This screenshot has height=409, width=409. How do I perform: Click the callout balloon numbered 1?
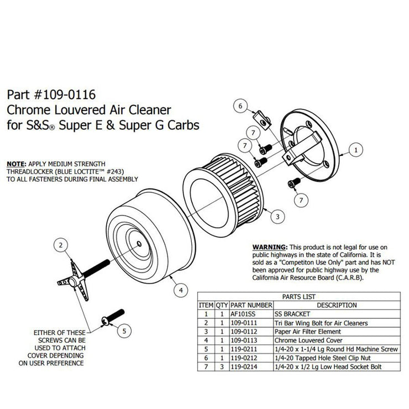357,149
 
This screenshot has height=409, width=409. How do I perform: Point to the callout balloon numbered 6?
241,104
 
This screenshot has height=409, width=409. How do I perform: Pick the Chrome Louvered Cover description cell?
307,340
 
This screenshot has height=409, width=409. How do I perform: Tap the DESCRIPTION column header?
328,305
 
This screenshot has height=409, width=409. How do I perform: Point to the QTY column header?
222,305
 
